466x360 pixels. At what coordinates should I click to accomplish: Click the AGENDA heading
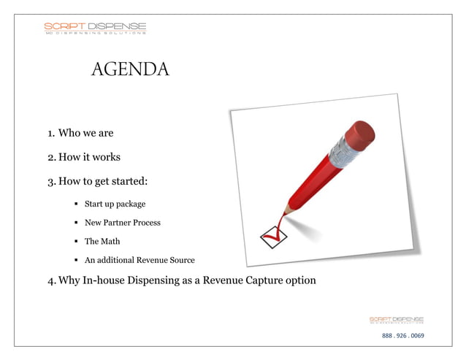[130, 69]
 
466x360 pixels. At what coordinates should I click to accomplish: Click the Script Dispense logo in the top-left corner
[95, 28]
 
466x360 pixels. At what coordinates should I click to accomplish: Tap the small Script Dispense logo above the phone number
[396, 321]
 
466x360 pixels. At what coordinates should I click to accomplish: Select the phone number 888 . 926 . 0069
[402, 336]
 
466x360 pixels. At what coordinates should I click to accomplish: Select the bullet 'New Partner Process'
[122, 222]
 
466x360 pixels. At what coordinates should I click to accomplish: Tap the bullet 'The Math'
[102, 241]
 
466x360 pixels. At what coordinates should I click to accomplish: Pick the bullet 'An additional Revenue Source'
[140, 260]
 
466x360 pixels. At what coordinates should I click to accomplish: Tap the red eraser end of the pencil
[358, 135]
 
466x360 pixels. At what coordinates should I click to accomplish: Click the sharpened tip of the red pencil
[280, 216]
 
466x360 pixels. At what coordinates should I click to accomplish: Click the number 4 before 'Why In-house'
[51, 280]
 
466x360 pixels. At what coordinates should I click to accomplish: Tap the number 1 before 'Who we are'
[50, 134]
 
